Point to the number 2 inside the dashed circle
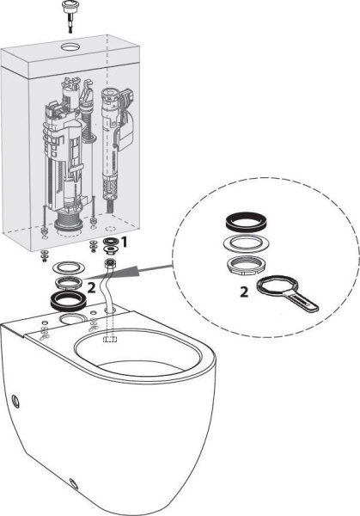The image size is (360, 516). (243, 292)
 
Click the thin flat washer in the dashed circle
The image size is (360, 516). (242, 243)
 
